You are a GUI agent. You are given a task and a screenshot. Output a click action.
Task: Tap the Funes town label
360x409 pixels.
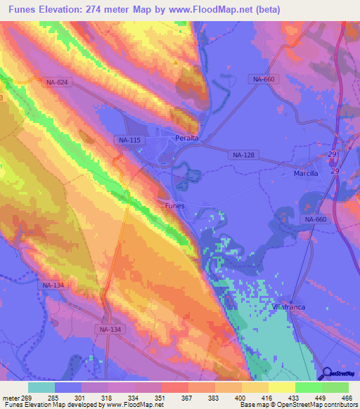(x=174, y=205)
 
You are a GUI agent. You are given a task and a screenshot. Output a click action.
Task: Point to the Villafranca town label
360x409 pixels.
(x=289, y=309)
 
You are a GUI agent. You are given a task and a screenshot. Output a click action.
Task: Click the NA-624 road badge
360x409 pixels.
(x=57, y=82)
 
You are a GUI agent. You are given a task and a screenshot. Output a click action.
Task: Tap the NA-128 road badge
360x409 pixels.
(x=243, y=154)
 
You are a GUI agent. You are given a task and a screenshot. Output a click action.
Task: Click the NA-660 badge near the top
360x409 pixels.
(x=263, y=79)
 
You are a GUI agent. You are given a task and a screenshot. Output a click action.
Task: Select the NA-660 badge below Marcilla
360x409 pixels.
(x=316, y=220)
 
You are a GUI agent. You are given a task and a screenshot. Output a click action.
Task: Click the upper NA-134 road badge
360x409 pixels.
(x=53, y=285)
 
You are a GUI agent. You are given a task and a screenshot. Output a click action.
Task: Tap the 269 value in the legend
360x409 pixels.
(x=27, y=397)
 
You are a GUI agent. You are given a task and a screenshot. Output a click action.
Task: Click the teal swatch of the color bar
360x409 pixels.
(x=41, y=387)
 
